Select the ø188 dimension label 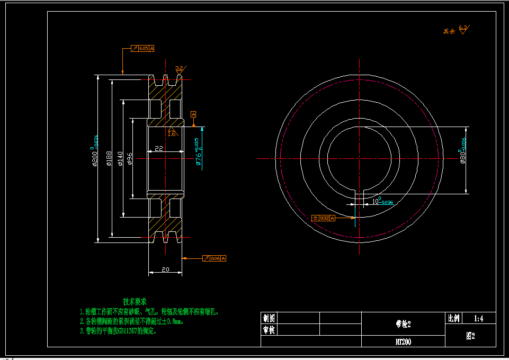[109, 158]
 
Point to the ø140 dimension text [120, 158]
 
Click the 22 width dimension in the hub [158, 149]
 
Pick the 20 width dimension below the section [165, 269]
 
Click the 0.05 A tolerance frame [142, 49]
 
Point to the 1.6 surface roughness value [172, 133]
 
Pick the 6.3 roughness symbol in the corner [463, 29]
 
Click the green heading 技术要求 [135, 301]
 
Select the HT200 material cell [403, 341]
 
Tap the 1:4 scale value [479, 318]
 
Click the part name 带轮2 [403, 323]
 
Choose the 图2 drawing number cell [470, 336]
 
